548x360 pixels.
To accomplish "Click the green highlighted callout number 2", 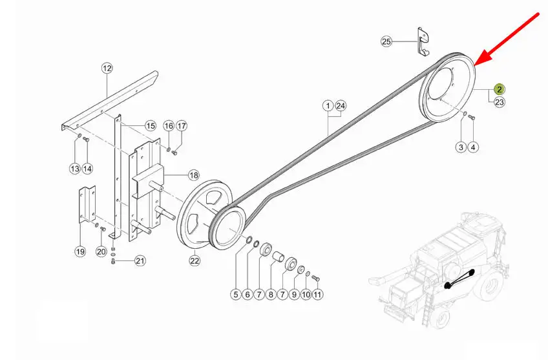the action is [500, 89].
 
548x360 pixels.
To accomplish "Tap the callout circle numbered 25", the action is [386, 42].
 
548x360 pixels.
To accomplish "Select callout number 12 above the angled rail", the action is [107, 68].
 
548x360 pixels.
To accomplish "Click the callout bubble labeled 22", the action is [195, 260].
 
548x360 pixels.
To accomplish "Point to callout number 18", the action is [194, 175].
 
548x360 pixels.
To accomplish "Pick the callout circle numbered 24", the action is [341, 105].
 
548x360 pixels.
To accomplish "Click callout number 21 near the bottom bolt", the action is [140, 260].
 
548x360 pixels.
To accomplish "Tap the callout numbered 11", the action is [317, 295].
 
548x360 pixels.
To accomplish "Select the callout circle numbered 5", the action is [236, 295].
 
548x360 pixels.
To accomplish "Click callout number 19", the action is [80, 251].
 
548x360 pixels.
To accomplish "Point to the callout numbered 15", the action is [151, 126].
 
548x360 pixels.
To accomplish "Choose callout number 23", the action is [500, 102].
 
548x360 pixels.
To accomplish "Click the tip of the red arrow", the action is [475, 66].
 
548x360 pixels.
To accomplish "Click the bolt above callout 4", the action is [470, 117].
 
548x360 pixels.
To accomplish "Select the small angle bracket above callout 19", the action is [86, 204].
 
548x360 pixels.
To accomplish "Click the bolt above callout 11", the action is [315, 278].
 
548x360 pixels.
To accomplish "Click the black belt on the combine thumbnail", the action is [459, 279].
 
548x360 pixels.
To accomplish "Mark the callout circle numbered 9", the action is [294, 295].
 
